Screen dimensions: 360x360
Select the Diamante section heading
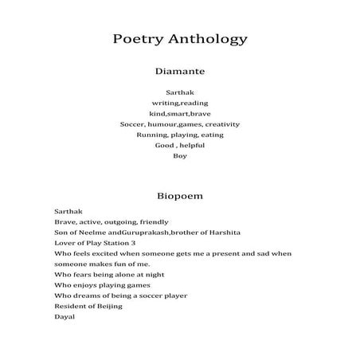[x=179, y=71]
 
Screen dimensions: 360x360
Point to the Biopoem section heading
[x=179, y=194]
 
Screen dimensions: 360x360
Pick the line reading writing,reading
[x=179, y=104]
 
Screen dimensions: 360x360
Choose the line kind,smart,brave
[x=179, y=114]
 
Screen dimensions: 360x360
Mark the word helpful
[x=190, y=145]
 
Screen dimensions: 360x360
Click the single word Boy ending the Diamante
[x=179, y=155]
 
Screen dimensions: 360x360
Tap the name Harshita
[x=224, y=233]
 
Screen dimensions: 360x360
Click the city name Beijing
[x=108, y=306]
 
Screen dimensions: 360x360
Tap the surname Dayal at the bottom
[x=64, y=316]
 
